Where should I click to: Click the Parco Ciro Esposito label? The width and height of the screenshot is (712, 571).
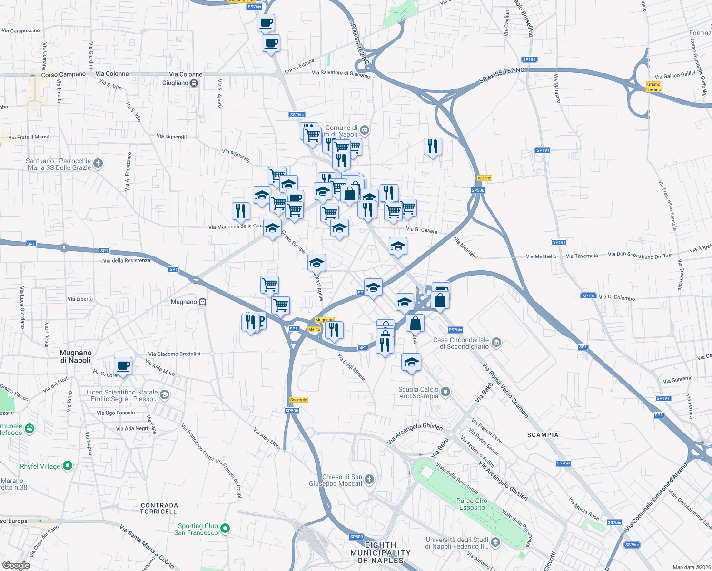472,504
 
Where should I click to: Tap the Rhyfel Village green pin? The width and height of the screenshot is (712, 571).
68,466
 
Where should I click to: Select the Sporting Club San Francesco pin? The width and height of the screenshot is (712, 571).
226,528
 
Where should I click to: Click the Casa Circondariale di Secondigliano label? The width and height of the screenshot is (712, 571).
461,343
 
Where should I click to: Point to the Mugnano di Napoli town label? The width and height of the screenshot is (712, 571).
75,356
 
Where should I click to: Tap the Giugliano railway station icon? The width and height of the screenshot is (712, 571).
194,83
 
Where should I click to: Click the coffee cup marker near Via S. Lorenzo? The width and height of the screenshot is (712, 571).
123,366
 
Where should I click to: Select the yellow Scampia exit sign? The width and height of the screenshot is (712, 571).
298,400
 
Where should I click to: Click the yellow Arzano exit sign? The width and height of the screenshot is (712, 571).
485,178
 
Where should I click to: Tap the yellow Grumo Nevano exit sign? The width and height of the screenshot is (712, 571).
653,87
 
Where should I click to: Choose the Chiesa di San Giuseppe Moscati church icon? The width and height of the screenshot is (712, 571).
369,479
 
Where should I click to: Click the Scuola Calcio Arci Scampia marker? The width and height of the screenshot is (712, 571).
445,392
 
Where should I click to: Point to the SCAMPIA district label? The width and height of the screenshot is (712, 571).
543,435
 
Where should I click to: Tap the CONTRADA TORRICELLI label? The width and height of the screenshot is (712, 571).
159,508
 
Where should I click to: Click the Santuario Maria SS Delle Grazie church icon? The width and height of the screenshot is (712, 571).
98,164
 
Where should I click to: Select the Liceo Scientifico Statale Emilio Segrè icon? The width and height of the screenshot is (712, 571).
165,394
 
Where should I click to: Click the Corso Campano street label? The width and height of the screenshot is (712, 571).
63,75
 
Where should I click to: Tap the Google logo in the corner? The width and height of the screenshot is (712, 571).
16,565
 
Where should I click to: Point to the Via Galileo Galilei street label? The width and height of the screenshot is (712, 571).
675,75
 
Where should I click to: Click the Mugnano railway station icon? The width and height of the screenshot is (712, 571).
203,302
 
